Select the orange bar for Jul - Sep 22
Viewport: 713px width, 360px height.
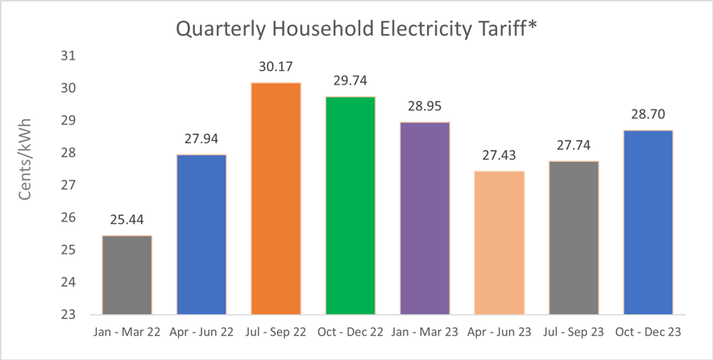(276, 198)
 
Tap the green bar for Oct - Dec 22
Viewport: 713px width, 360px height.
(350, 205)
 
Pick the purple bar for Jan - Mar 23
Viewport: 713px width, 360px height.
(425, 217)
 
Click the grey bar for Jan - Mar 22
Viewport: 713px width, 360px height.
(126, 275)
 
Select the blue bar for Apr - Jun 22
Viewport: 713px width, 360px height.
(201, 234)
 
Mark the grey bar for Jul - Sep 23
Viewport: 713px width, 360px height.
(574, 238)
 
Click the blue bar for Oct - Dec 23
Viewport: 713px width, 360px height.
(648, 221)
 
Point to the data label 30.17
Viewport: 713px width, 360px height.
(276, 66)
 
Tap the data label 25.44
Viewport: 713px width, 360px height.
(126, 220)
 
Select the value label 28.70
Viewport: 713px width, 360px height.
(648, 114)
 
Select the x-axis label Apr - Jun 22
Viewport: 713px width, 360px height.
(201, 332)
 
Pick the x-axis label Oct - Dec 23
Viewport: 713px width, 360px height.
(648, 332)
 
